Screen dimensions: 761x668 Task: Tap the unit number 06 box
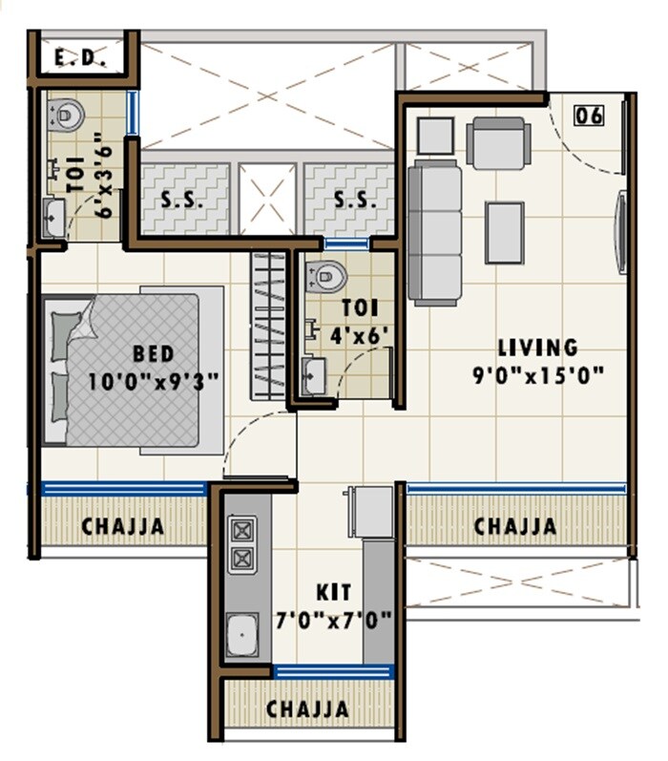(x=590, y=116)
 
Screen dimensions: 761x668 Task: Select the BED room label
(x=153, y=354)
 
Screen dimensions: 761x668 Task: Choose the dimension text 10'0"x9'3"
(x=153, y=380)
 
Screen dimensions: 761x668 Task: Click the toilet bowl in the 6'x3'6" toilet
(x=67, y=116)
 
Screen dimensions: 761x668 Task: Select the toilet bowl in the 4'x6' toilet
(x=326, y=277)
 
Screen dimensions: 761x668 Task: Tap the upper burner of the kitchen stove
(x=242, y=528)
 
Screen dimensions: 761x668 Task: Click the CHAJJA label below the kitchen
(x=307, y=709)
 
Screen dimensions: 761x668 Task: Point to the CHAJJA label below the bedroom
(x=122, y=525)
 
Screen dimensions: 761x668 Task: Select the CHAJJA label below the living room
(x=515, y=525)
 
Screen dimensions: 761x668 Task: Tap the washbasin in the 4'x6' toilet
(x=313, y=373)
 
